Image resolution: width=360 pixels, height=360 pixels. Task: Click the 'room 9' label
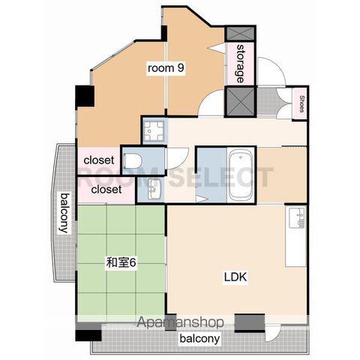click(166, 67)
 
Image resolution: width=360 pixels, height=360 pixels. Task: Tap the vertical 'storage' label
click(240, 64)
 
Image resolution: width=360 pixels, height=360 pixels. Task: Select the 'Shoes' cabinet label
click(301, 103)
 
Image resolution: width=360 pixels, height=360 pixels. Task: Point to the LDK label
click(235, 277)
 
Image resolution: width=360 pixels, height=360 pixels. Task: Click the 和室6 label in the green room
click(121, 262)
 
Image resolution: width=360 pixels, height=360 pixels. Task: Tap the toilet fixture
click(133, 160)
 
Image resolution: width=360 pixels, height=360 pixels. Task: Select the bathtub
click(241, 175)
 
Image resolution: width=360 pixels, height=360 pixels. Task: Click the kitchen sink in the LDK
click(297, 217)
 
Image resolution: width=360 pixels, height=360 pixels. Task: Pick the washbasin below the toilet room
click(154, 189)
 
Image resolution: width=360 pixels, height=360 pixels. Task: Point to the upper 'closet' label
click(99, 160)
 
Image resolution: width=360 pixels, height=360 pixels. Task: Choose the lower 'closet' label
click(106, 189)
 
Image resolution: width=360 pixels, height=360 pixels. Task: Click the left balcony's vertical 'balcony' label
click(64, 212)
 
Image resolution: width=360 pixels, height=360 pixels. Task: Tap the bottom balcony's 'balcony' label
click(199, 338)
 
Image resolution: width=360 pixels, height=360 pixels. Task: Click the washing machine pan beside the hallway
click(155, 131)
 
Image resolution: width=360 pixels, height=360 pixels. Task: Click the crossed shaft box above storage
click(240, 34)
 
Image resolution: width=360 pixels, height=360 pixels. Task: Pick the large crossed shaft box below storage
click(240, 101)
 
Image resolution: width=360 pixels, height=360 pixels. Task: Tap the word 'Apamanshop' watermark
click(180, 322)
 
